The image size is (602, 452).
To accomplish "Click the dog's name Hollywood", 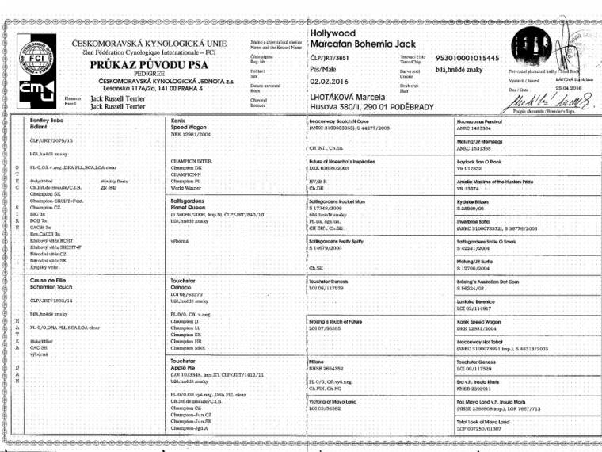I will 333,34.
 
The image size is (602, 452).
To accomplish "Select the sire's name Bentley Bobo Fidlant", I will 43,124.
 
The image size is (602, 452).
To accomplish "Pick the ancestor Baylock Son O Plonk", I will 481,161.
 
